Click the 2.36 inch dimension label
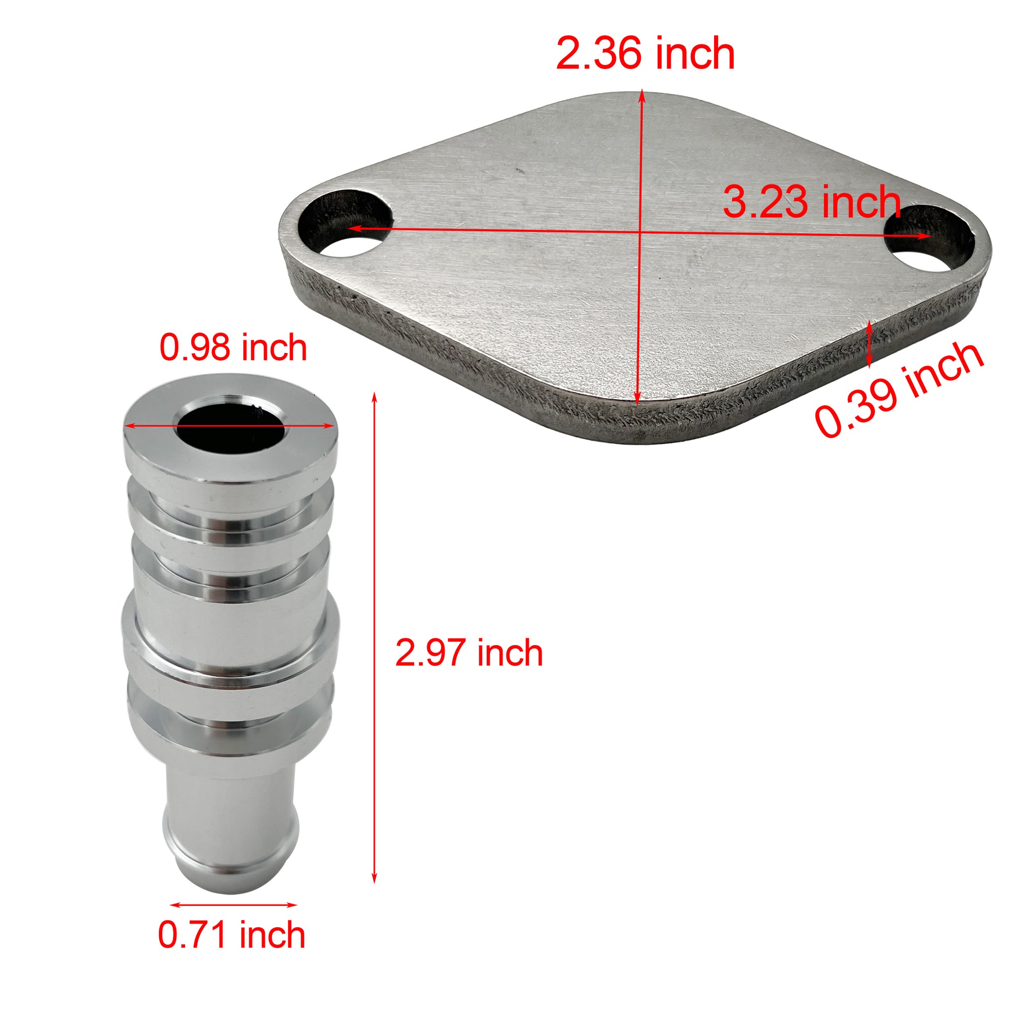tap(645, 54)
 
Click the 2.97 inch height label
tap(469, 653)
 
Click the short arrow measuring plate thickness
tap(869, 343)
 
